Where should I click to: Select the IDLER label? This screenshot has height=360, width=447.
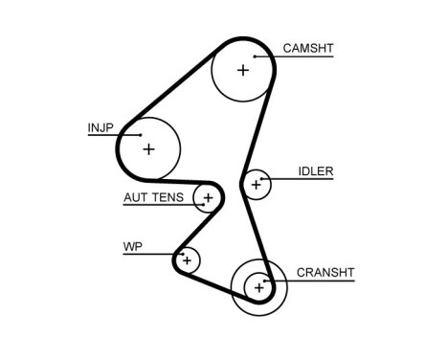[315, 171]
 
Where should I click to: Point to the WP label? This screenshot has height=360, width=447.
[133, 247]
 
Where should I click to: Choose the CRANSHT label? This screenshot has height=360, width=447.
[324, 272]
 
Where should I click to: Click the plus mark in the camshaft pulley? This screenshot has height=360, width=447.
[243, 70]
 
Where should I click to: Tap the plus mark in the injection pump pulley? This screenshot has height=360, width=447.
[148, 149]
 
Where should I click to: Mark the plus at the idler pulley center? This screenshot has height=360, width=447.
[256, 183]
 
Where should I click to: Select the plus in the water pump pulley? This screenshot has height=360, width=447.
[188, 259]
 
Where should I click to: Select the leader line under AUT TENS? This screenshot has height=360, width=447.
[163, 207]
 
